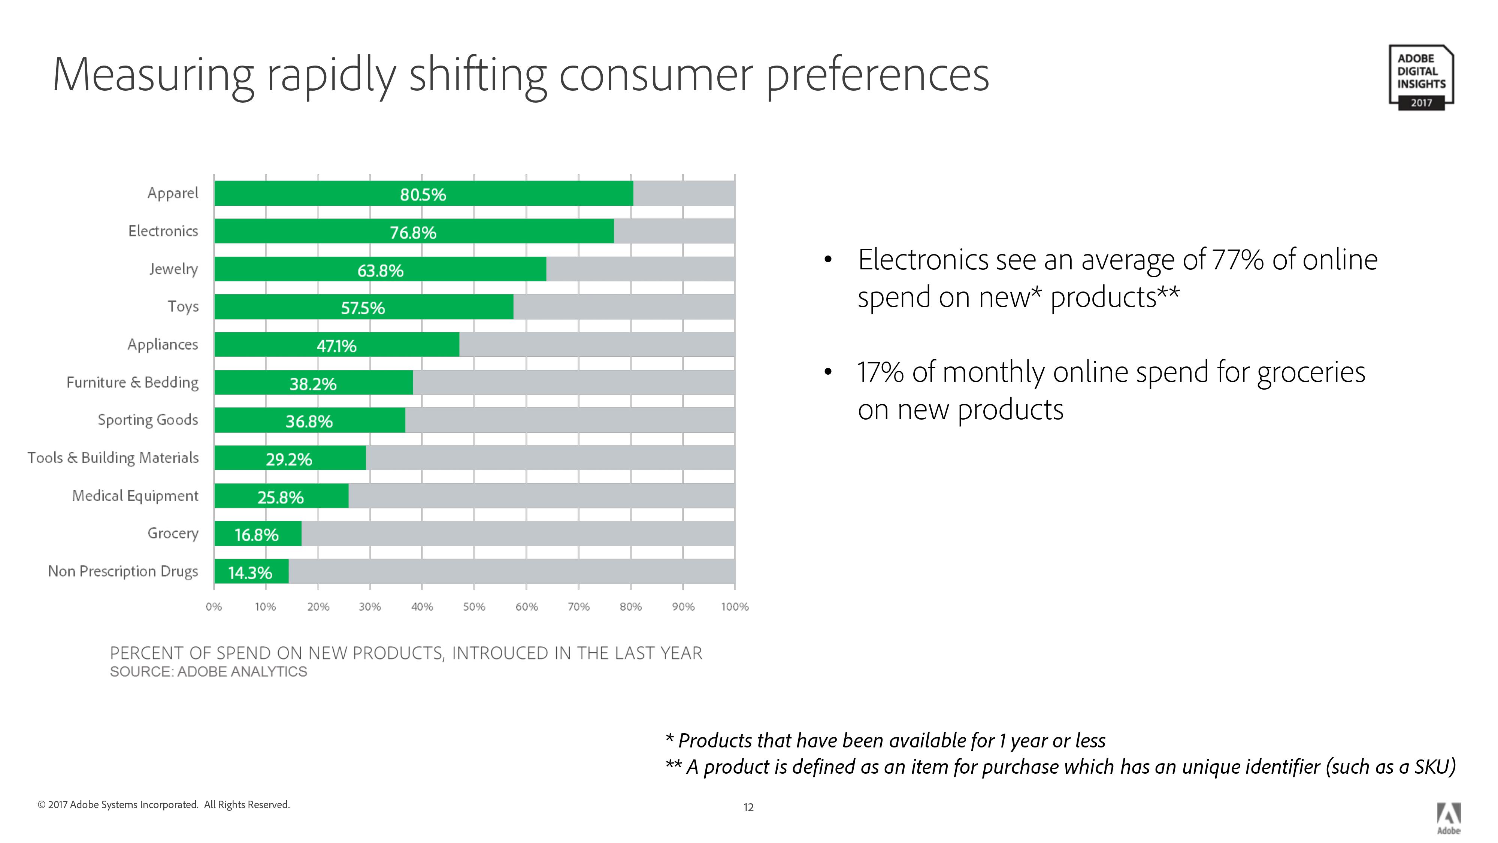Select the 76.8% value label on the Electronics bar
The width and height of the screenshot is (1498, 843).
413,233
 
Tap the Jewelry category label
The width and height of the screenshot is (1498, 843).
173,269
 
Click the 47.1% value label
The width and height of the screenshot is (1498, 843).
336,346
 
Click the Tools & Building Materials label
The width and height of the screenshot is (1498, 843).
113,458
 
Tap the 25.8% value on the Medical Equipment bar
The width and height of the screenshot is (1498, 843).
280,498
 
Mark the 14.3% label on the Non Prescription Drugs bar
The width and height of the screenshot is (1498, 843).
250,573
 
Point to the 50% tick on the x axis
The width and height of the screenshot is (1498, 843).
474,607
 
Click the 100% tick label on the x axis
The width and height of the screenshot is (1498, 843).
735,607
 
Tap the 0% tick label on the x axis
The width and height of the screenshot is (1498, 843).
214,607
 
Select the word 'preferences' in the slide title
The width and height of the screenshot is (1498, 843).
878,76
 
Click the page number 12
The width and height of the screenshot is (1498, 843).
748,807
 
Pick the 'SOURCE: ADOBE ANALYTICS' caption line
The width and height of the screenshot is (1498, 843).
208,672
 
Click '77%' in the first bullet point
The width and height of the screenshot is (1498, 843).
1238,260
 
